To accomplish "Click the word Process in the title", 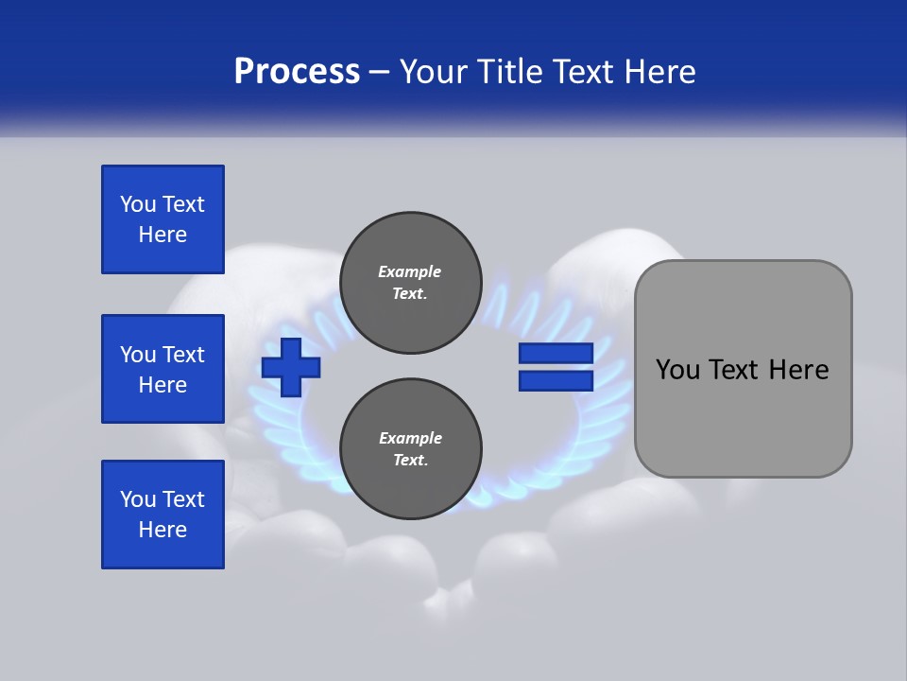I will [x=297, y=71].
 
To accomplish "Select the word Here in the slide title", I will [x=659, y=71].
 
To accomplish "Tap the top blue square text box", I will [x=163, y=219].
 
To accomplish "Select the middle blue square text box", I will [x=163, y=369].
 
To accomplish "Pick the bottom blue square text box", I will [x=163, y=515].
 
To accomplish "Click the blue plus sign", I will [x=291, y=367].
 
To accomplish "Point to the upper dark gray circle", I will [x=410, y=283].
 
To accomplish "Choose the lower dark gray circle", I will [x=410, y=449].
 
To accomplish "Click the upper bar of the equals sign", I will [x=556, y=353].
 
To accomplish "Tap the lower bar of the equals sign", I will [x=556, y=380].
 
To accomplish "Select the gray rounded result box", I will [x=743, y=369].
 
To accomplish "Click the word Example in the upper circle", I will [x=409, y=271].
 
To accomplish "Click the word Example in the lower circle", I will [x=410, y=438].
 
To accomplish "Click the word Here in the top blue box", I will [x=163, y=235].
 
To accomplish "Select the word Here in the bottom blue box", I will [x=163, y=530].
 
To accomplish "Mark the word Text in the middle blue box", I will [x=183, y=355].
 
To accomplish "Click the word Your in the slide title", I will [x=433, y=71].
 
